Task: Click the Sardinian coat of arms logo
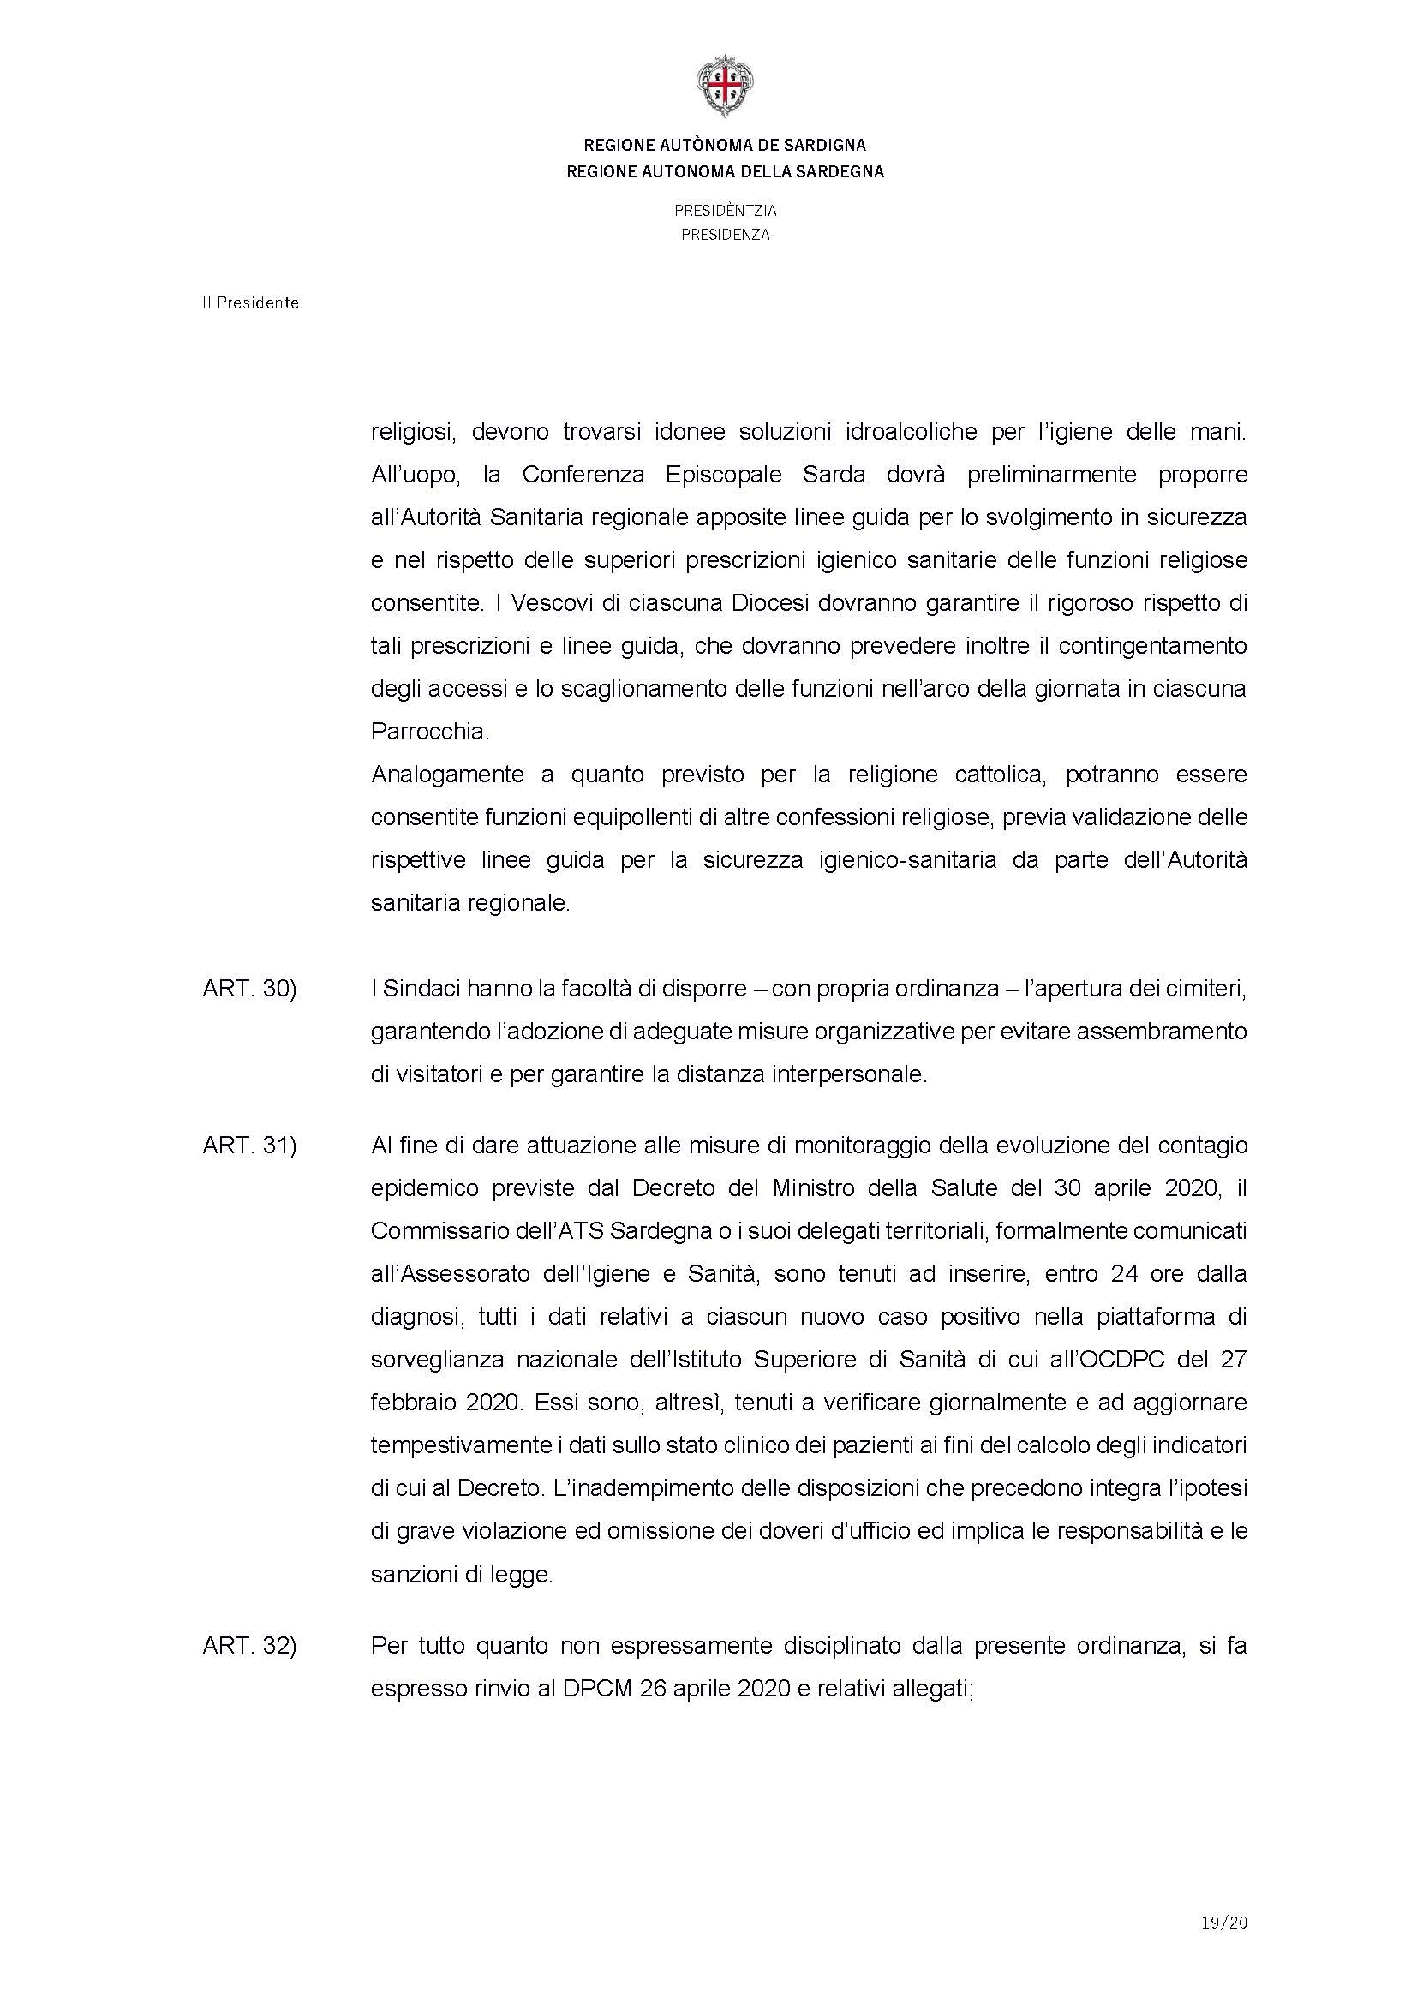[724, 86]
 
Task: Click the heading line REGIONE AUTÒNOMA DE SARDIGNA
[724, 146]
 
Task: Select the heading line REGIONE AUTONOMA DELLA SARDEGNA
[724, 172]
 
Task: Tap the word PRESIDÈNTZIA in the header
[725, 211]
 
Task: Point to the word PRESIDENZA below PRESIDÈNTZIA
[725, 235]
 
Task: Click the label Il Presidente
[250, 302]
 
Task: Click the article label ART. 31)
[249, 1145]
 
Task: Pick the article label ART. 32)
[249, 1646]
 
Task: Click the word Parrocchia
[428, 732]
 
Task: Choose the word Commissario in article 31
[441, 1230]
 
